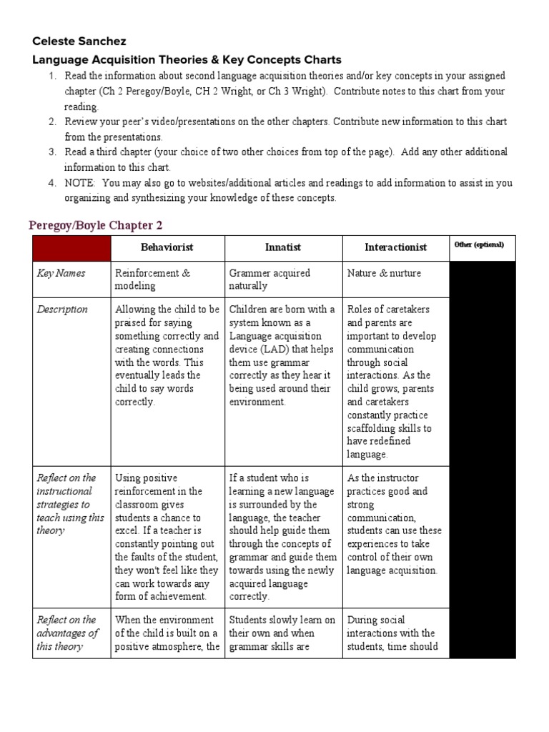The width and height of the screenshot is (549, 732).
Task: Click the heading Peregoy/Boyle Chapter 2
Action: (x=96, y=225)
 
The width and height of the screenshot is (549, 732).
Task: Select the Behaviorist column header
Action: (x=167, y=247)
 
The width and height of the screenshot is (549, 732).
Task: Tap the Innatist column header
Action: (x=282, y=247)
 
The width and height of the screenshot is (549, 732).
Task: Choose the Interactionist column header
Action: (x=395, y=247)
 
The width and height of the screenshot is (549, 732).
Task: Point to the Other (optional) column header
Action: (x=479, y=244)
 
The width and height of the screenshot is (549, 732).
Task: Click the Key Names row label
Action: (x=61, y=273)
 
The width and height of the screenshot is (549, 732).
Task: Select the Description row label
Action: (x=62, y=310)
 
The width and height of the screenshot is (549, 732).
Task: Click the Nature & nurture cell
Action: (x=384, y=273)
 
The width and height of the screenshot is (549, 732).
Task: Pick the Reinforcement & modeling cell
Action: (x=153, y=280)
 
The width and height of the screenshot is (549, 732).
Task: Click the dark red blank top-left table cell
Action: (x=71, y=247)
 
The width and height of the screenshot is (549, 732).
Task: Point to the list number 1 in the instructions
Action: (x=52, y=76)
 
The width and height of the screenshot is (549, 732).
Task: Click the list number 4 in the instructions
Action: (x=52, y=182)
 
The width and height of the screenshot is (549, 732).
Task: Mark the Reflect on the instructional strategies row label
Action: (x=70, y=504)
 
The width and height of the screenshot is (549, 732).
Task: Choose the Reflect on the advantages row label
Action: (x=67, y=633)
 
